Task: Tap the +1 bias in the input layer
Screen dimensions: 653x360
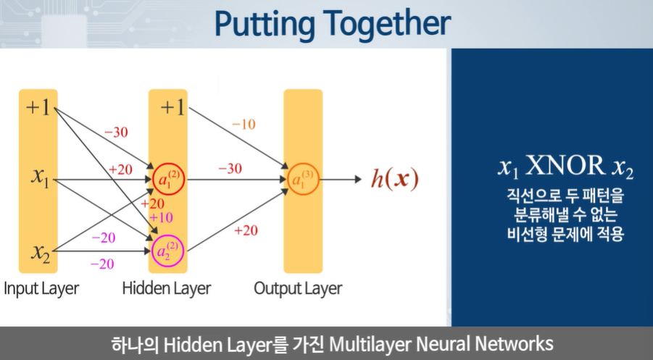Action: [x=38, y=108]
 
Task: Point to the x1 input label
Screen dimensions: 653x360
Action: [x=40, y=177]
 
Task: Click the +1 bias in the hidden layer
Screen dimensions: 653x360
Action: [x=172, y=108]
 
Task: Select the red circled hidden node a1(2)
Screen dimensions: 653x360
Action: [x=167, y=177]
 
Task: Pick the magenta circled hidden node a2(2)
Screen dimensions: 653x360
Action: [x=167, y=251]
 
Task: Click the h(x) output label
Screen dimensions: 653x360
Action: [x=395, y=178]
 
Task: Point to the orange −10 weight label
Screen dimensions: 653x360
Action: [x=244, y=124]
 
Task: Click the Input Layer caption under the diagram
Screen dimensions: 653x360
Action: [x=41, y=288]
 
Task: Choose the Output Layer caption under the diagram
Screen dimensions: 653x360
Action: [x=298, y=288]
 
